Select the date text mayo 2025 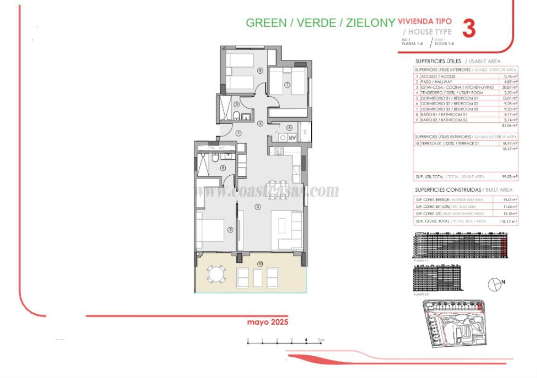tap(267, 322)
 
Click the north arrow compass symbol tap(494, 283)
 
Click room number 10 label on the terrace tap(260, 263)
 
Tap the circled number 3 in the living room tap(257, 206)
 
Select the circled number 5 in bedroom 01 tap(230, 230)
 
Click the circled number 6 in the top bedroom tap(260, 71)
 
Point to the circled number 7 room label tap(287, 85)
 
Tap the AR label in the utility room tap(292, 138)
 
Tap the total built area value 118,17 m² tap(509, 221)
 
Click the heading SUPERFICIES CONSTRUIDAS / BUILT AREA tap(463, 190)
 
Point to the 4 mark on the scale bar tap(307, 340)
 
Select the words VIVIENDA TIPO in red tap(425, 21)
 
